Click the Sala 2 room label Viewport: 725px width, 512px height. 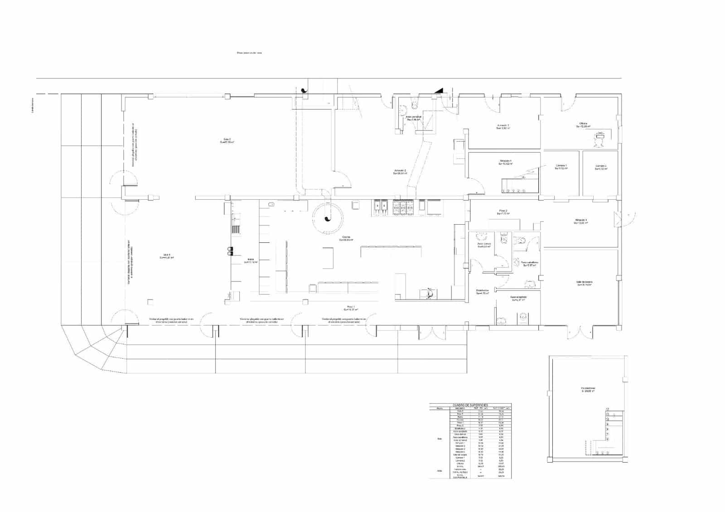tap(227, 140)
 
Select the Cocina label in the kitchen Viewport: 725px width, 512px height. tap(346, 238)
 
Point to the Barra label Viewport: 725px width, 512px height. tap(251, 261)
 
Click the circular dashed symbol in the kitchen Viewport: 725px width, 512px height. tap(327, 218)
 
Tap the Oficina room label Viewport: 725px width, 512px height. tap(583, 125)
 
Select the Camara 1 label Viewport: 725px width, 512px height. tap(561, 167)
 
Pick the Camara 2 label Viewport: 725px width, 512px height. tap(601, 167)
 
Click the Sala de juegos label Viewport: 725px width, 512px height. tap(585, 283)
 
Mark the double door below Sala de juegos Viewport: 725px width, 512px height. tap(580, 333)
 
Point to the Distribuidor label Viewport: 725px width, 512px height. tap(482, 292)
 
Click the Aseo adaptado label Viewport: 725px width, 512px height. tap(518, 299)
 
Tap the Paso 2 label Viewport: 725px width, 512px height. tap(503, 212)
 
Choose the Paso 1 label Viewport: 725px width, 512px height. tap(351, 308)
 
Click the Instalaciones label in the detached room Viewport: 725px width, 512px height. tap(588, 389)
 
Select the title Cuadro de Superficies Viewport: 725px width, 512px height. tap(470, 405)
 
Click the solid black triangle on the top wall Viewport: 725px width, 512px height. tap(439, 91)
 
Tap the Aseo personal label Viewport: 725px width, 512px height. tap(414, 118)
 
